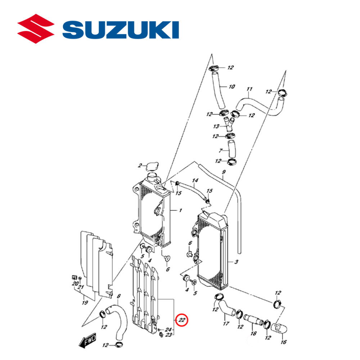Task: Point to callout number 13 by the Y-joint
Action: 216,126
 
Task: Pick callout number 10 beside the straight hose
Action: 231,87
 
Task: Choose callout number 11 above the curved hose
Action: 249,89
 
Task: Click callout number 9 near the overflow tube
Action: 223,172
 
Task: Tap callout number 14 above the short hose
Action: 195,180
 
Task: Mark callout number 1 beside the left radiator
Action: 180,210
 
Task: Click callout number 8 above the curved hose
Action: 119,297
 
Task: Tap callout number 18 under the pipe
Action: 253,333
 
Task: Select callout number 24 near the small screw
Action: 168,329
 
